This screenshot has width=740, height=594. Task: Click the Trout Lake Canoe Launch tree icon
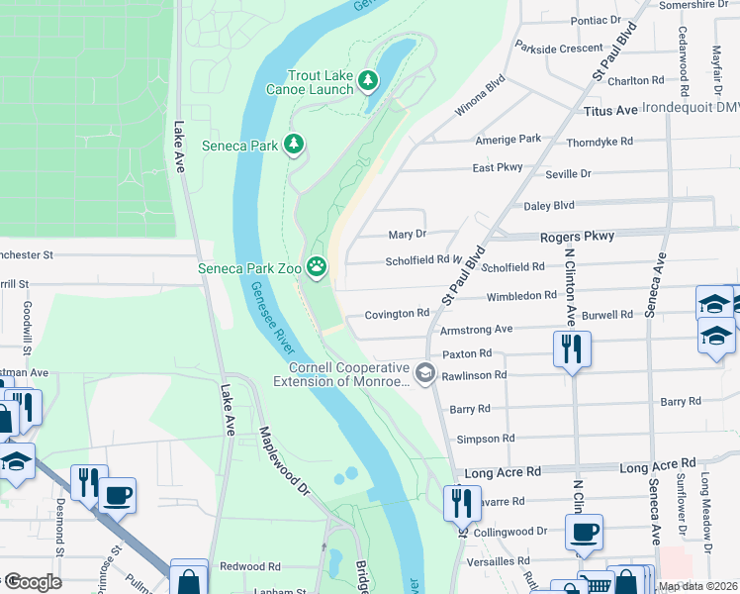[368, 79]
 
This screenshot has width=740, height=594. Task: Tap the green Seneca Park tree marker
[294, 146]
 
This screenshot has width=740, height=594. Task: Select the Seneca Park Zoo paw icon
[317, 264]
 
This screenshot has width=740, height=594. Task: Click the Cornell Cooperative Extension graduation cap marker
[425, 372]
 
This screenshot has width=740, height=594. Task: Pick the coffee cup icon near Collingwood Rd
[583, 531]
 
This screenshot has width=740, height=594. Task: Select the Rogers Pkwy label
[577, 237]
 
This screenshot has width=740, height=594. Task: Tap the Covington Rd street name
[397, 314]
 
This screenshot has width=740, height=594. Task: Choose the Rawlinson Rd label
[474, 375]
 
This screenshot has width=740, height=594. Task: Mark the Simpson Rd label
[485, 439]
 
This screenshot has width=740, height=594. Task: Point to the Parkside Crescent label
[559, 48]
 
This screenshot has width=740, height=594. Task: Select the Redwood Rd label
[249, 567]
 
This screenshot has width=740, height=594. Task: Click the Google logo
[32, 582]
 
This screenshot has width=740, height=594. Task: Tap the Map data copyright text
[696, 586]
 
